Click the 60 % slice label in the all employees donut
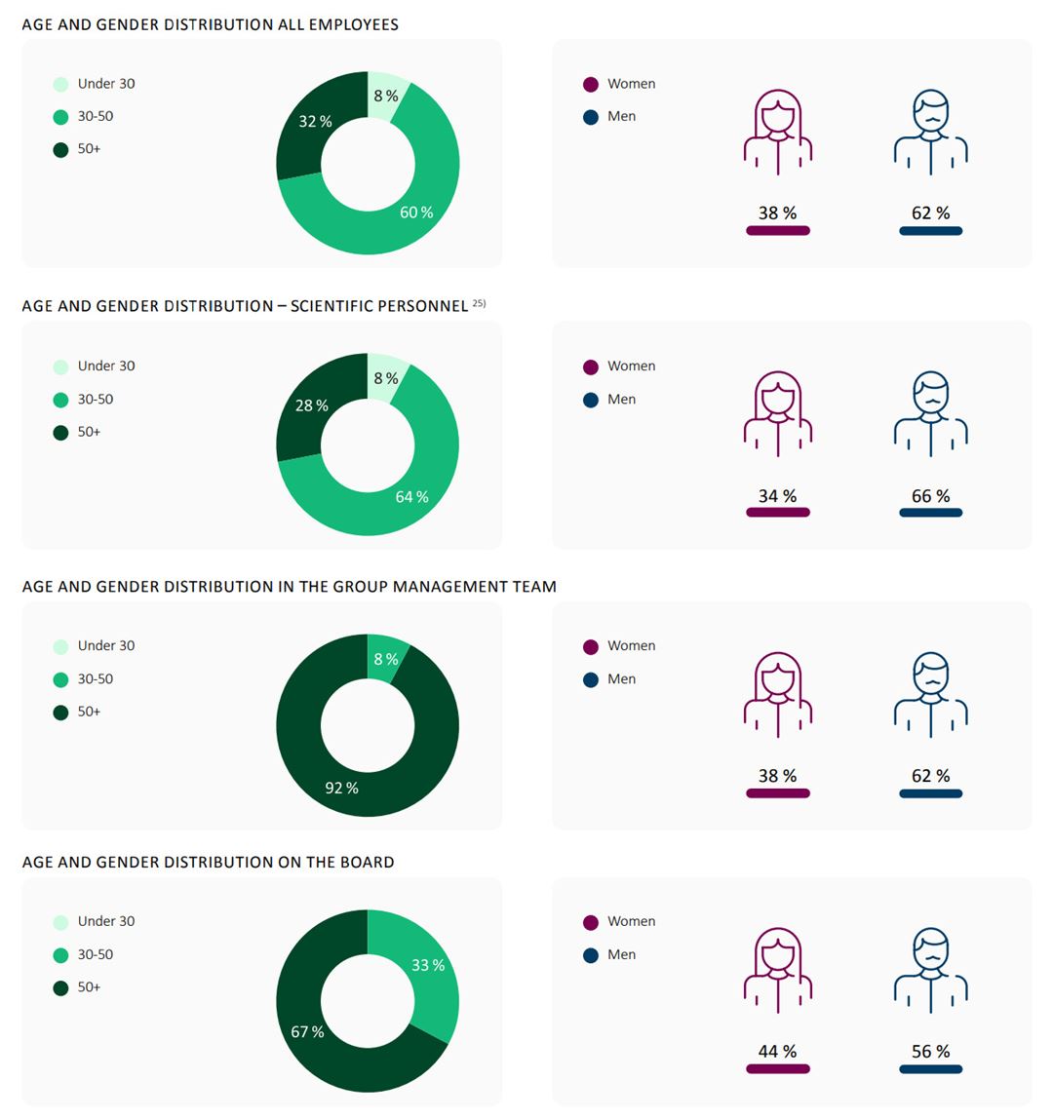coord(416,212)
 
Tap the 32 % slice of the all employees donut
coord(315,122)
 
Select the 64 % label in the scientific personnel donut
coord(411,497)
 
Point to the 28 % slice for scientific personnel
coord(312,405)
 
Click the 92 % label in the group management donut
coord(341,788)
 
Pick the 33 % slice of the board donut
coord(428,965)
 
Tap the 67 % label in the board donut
coord(307,1031)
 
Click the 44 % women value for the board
coord(777,1051)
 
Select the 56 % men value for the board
coord(930,1051)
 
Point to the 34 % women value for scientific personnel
coord(777,496)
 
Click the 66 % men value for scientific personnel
coord(930,496)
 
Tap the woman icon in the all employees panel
coord(777,132)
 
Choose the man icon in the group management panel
coord(930,694)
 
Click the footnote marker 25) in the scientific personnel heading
coord(479,303)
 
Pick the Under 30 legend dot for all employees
coord(60,85)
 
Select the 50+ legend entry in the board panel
coord(89,987)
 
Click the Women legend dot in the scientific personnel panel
coord(591,367)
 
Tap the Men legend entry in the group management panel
coord(621,679)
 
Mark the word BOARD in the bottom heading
coord(365,862)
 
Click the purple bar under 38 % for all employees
coord(777,231)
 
